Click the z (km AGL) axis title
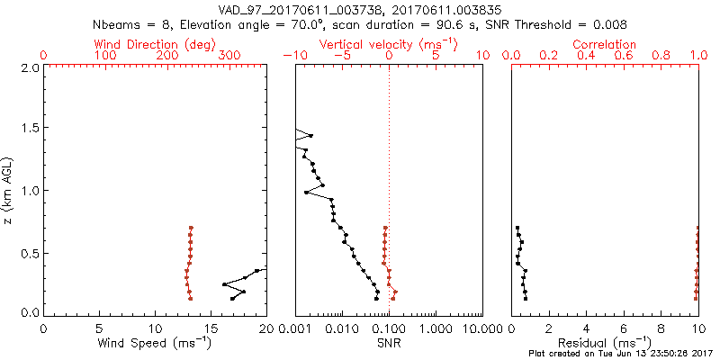[9, 190]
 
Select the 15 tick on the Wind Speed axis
[211, 328]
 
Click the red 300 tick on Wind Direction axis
[229, 56]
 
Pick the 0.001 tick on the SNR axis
[296, 328]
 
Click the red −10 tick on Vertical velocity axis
[294, 56]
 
